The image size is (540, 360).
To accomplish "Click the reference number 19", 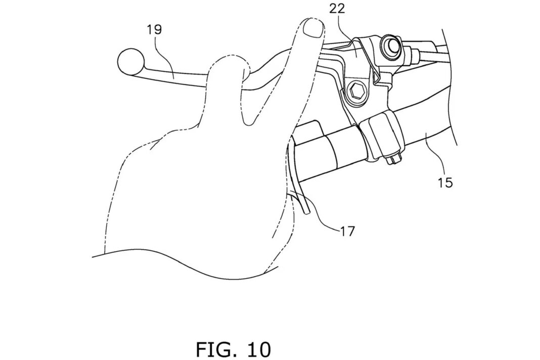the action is (x=154, y=30).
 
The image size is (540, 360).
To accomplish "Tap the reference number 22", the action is (x=337, y=9).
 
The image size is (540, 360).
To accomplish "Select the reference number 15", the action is (x=445, y=183).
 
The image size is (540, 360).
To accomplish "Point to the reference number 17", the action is (x=347, y=232).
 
